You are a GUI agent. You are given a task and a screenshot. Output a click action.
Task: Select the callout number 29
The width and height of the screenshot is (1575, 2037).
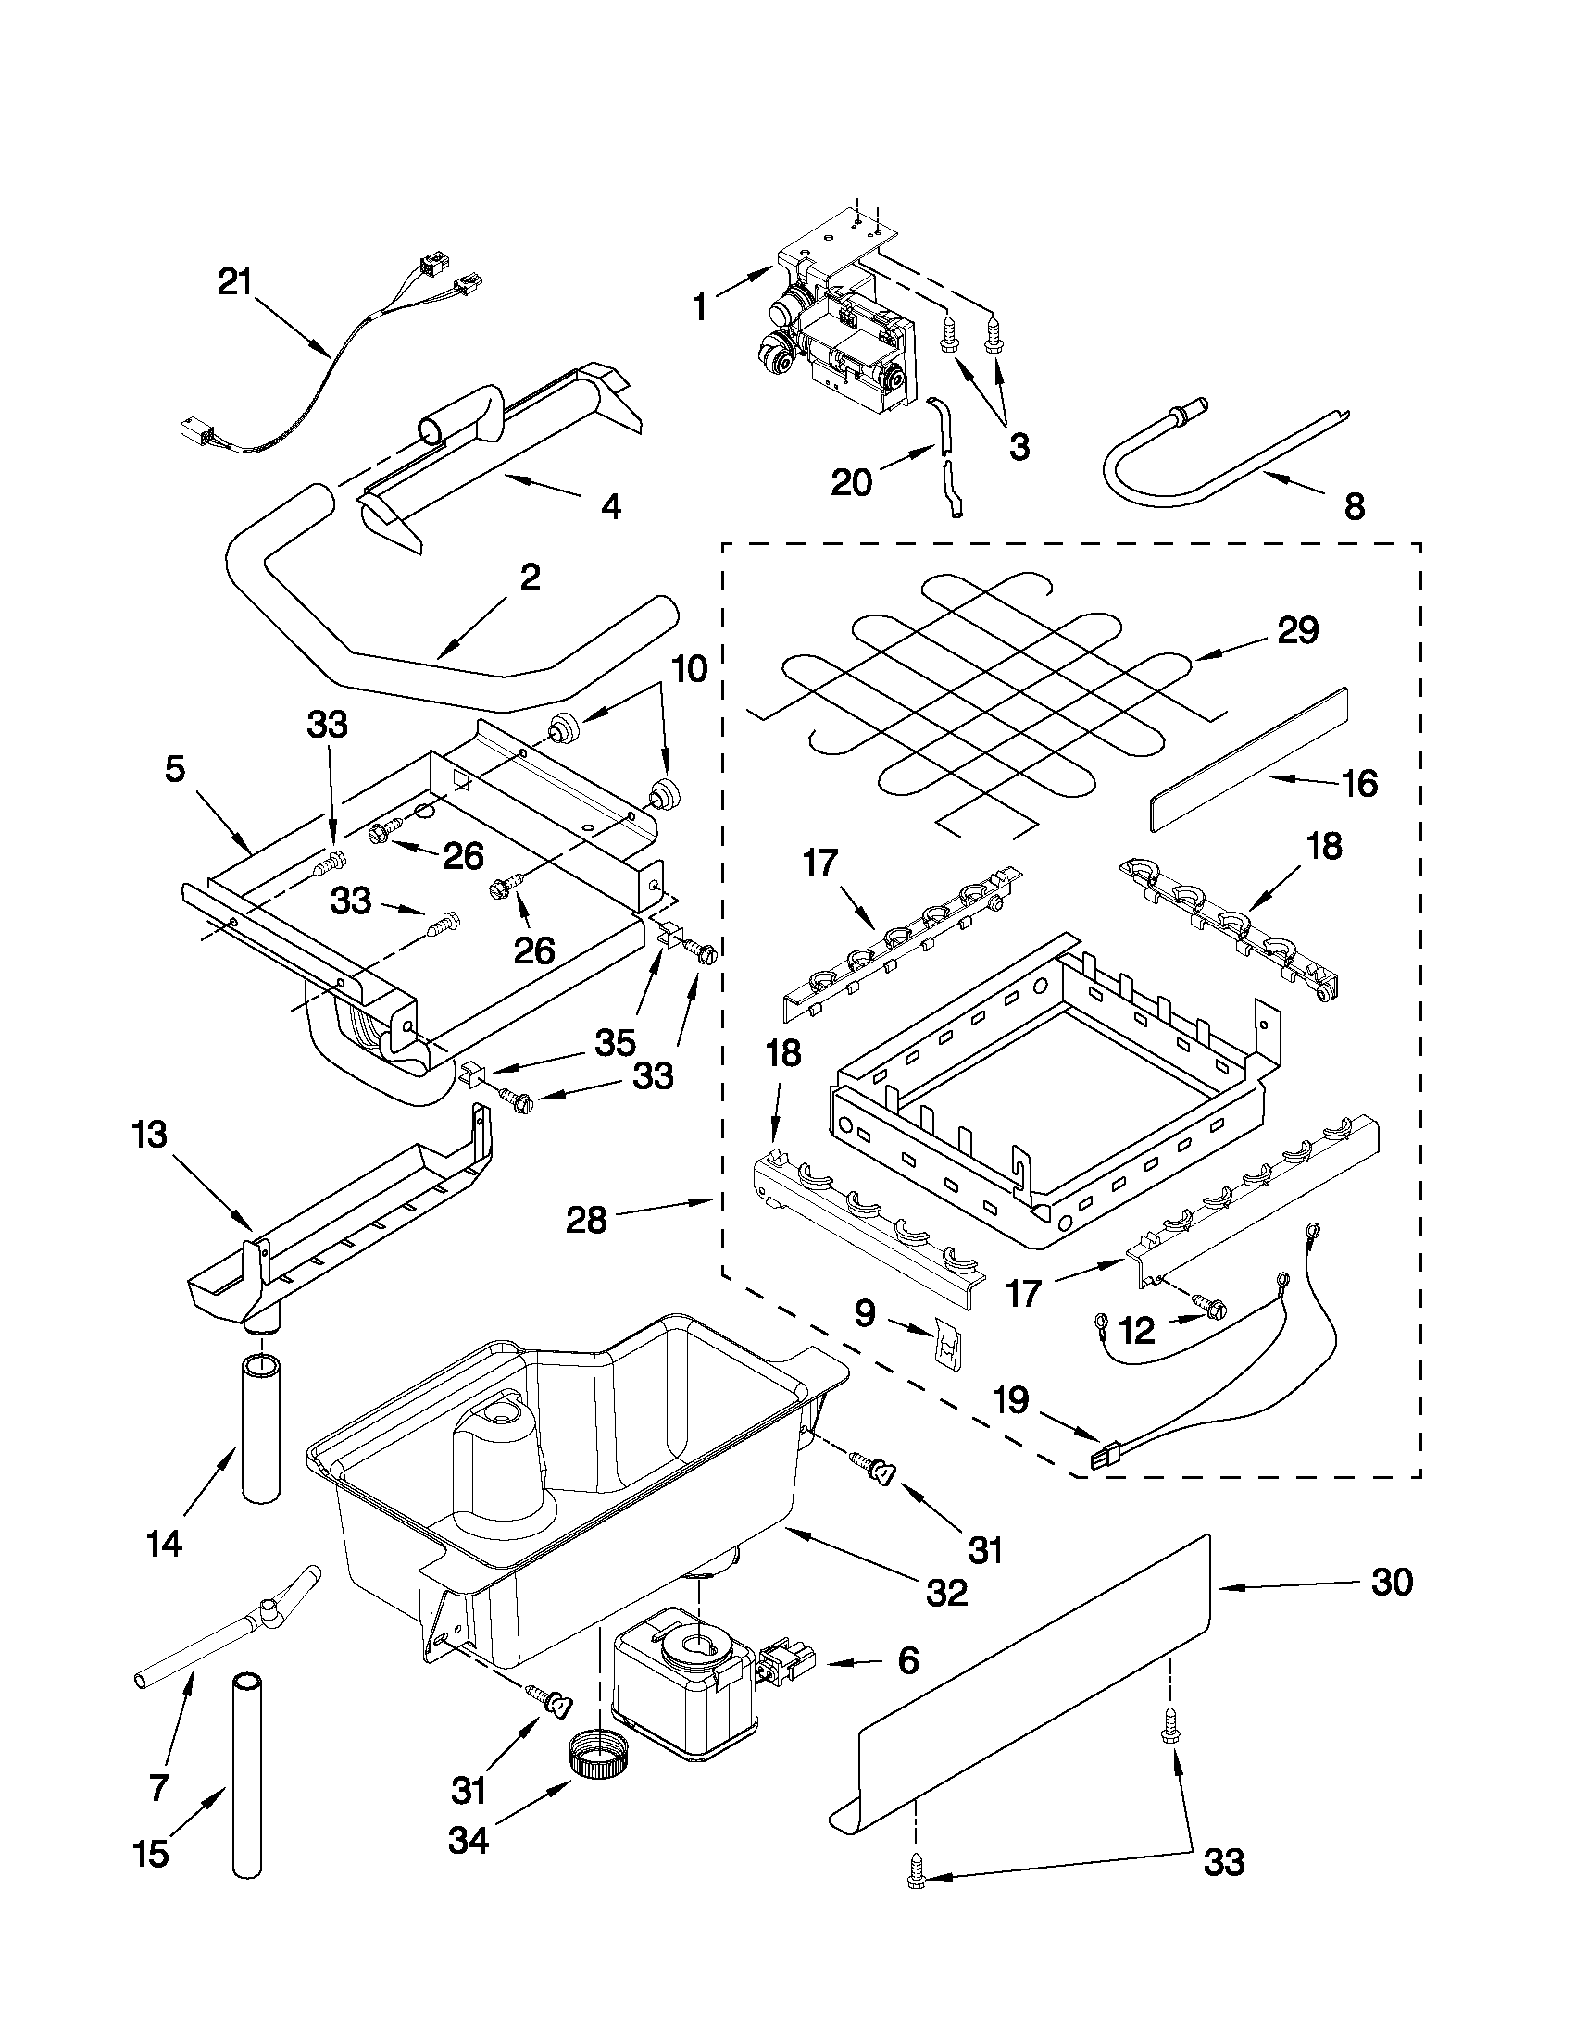pos(1298,631)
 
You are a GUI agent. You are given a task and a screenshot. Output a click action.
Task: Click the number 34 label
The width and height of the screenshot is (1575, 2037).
pos(469,1840)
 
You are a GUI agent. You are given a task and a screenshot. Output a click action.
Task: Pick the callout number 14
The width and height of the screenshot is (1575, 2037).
pos(163,1545)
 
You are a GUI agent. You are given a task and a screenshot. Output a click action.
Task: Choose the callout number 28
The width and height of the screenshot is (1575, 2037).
pos(586,1219)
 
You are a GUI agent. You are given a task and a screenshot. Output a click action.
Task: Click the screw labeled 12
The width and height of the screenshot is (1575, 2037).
pos(1208,1310)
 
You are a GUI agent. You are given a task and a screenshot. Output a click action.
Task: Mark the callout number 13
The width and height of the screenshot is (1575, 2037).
pos(149,1135)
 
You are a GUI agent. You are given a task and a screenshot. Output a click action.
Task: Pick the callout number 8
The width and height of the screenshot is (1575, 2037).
pos(1354,506)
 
